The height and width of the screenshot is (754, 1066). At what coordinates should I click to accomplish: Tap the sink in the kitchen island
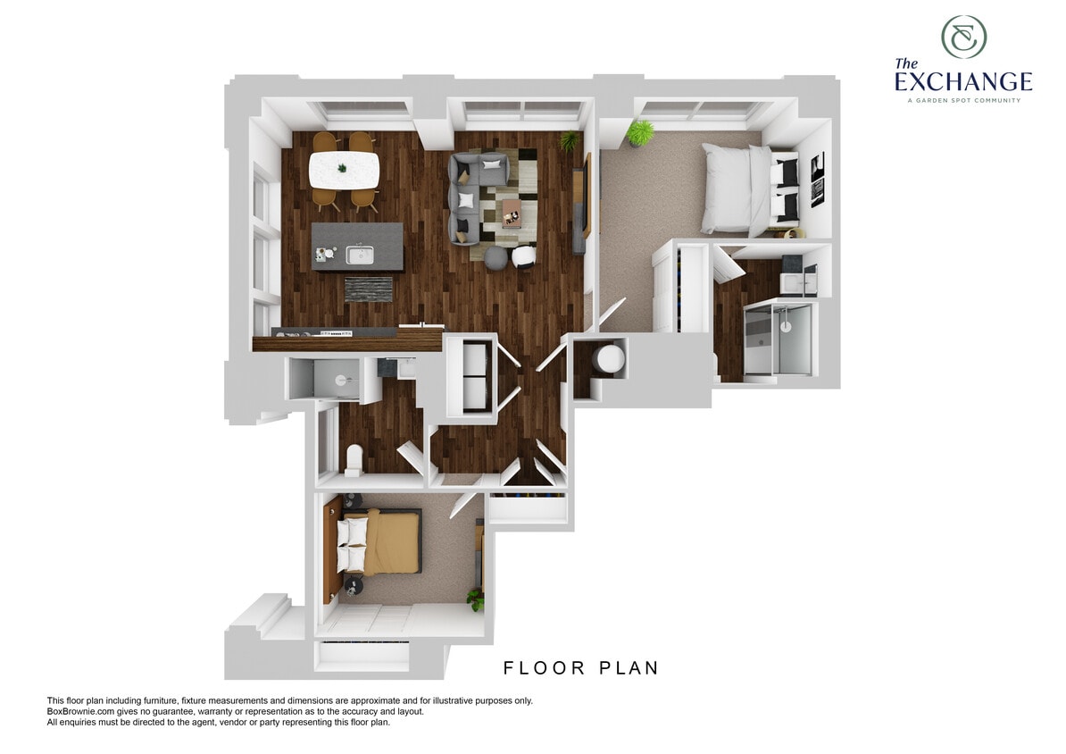[x=360, y=256]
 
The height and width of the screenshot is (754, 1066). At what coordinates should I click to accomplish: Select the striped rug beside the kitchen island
[x=368, y=289]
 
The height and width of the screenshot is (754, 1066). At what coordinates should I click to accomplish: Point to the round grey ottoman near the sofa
[x=495, y=256]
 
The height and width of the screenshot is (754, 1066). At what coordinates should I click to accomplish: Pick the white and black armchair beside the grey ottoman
[x=525, y=256]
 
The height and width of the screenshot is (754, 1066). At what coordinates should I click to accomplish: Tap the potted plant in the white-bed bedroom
[x=639, y=134]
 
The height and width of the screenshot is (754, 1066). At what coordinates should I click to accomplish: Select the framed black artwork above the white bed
[x=817, y=180]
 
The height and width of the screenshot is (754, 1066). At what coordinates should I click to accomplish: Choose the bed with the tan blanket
[x=379, y=542]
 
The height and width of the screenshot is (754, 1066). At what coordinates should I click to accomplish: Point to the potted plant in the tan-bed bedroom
[x=475, y=599]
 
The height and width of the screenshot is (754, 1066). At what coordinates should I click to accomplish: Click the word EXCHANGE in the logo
[x=963, y=82]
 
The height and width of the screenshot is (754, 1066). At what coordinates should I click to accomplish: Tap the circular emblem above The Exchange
[x=963, y=37]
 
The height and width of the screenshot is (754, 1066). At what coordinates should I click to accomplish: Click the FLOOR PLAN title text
[x=580, y=668]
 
